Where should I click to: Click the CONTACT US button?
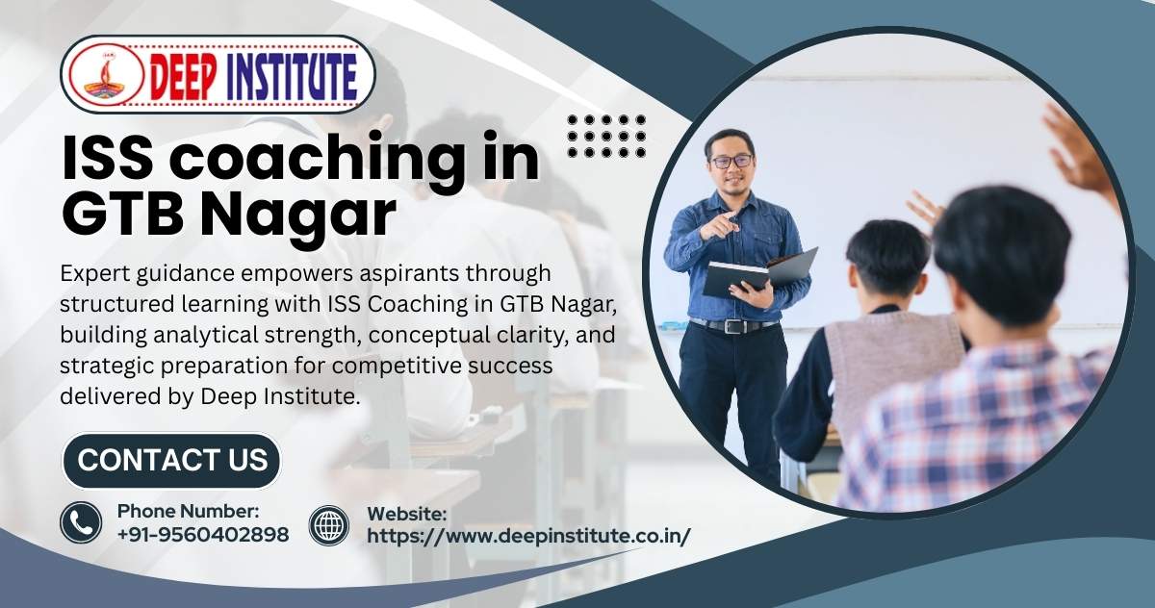click(x=171, y=460)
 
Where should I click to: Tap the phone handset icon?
click(x=81, y=522)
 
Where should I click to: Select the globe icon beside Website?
click(x=329, y=525)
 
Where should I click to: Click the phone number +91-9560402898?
click(x=203, y=535)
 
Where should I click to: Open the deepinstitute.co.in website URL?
click(x=528, y=536)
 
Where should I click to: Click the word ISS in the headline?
click(x=107, y=158)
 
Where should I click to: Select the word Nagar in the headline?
click(x=297, y=214)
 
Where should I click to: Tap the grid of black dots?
click(x=606, y=136)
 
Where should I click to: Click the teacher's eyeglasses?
click(x=731, y=161)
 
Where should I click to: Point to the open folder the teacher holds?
click(x=759, y=274)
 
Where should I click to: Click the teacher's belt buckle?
click(x=733, y=325)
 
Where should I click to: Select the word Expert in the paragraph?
click(x=94, y=274)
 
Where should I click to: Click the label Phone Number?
click(x=189, y=511)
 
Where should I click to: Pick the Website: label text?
click(x=407, y=514)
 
